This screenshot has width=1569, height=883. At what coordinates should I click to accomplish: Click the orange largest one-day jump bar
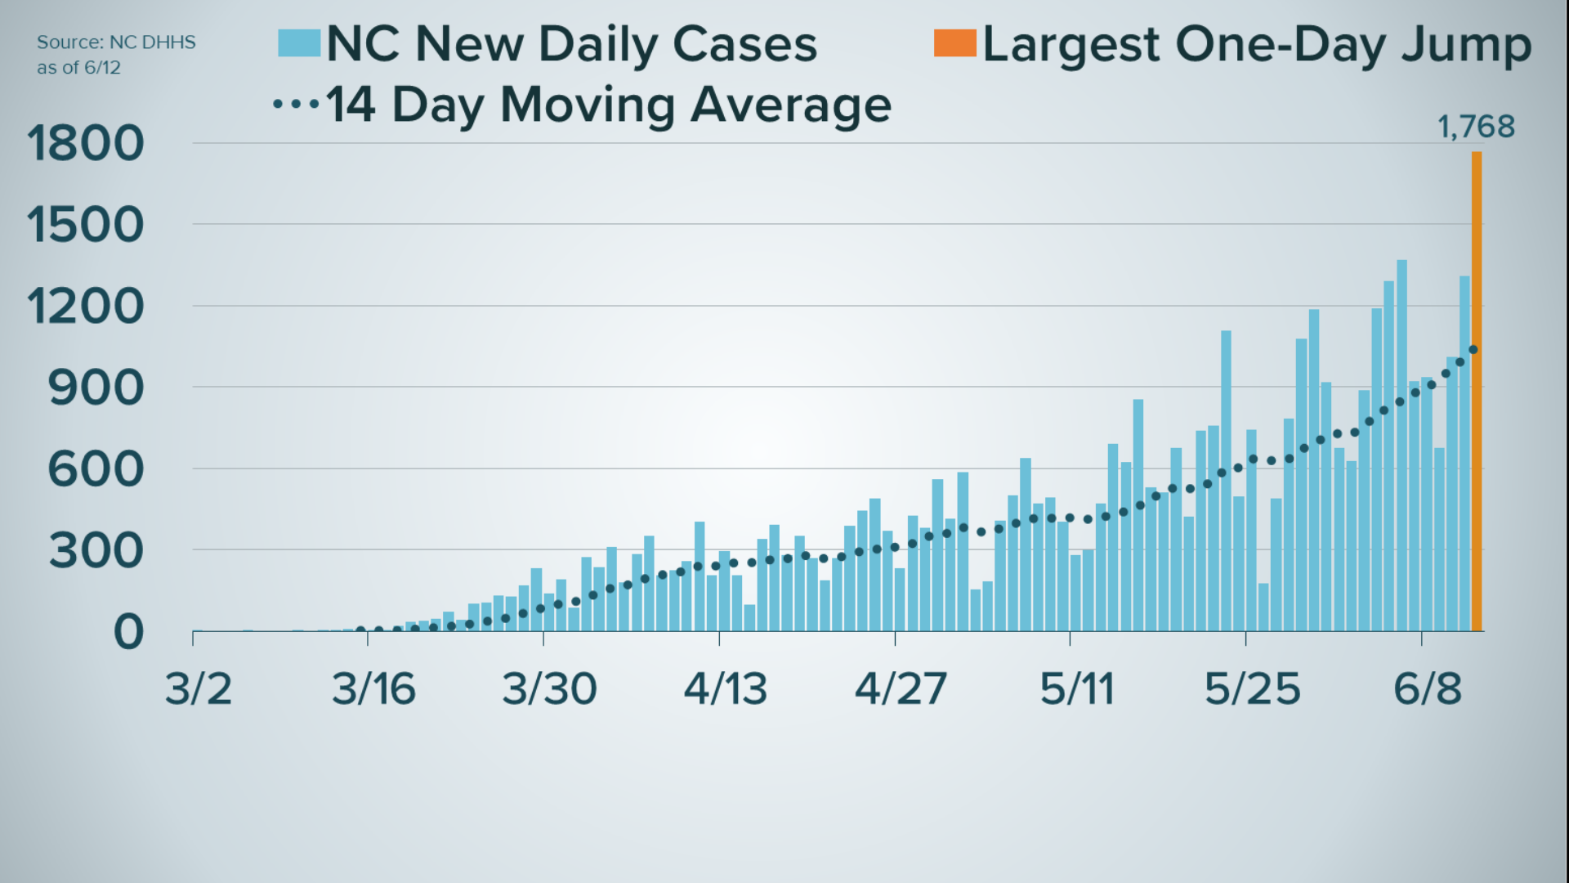coord(1477,392)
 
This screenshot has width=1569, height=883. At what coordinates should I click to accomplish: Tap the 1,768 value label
coord(1476,127)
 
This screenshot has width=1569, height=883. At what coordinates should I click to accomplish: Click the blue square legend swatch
coord(298,43)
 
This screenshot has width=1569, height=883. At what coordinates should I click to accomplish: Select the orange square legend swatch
coord(954,43)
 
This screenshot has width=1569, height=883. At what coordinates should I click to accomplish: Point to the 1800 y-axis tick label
coord(86,144)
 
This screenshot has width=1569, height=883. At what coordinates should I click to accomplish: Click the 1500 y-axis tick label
coord(86,225)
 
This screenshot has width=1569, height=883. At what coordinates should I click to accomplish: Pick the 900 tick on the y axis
coord(96,388)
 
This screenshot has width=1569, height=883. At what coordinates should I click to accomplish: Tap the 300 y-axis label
coord(96,551)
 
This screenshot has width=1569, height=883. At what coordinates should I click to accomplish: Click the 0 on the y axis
coord(128,632)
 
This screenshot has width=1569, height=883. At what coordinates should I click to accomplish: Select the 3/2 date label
coord(199,688)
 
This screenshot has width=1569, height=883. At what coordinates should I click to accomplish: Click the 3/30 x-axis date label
coord(549,688)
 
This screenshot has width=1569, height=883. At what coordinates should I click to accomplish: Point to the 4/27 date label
coord(901,688)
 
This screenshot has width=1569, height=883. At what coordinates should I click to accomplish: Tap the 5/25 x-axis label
coord(1252,688)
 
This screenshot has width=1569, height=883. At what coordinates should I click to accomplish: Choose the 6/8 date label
coord(1427,688)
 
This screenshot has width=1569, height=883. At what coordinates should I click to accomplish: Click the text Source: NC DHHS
coord(116,43)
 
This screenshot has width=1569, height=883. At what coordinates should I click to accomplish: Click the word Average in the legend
coord(790,105)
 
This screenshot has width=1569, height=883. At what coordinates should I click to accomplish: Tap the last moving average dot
coord(1473,350)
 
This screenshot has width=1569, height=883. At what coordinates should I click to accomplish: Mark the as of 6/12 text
coord(78,68)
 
